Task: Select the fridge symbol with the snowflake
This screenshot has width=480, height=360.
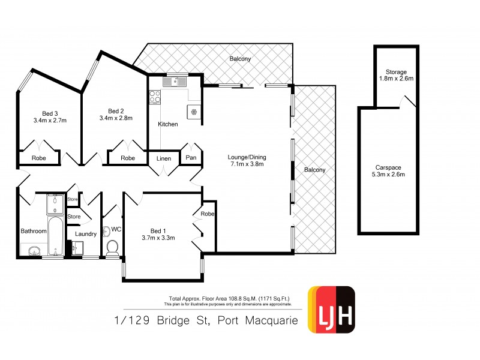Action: pyautogui.click(x=194, y=111)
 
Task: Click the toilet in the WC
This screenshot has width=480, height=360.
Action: pyautogui.click(x=112, y=247)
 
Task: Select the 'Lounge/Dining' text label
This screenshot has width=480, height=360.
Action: pyautogui.click(x=247, y=158)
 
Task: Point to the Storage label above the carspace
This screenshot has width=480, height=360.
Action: pyautogui.click(x=397, y=71)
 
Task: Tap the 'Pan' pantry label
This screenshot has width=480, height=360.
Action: pyautogui.click(x=191, y=158)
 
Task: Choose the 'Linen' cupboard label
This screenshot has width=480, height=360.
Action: pyautogui.click(x=164, y=158)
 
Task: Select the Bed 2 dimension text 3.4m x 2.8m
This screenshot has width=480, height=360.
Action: pyautogui.click(x=115, y=118)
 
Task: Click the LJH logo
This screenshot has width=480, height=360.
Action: pyautogui.click(x=331, y=310)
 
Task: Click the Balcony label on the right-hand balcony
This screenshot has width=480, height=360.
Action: pyautogui.click(x=314, y=170)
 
